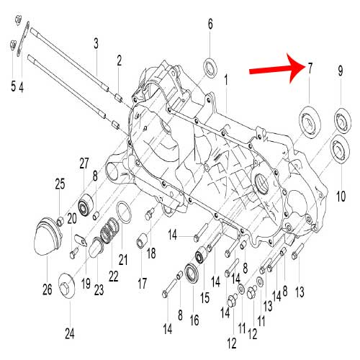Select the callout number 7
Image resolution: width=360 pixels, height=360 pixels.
click(x=310, y=69)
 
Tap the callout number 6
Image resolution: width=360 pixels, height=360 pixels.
click(x=211, y=24)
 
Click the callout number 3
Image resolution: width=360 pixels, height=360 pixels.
click(x=95, y=44)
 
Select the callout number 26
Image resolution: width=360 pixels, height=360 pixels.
click(x=47, y=290)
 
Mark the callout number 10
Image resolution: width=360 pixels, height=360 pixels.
click(x=341, y=194)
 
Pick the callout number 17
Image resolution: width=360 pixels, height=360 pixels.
click(x=142, y=282)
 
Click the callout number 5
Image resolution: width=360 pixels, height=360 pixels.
click(x=12, y=87)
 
